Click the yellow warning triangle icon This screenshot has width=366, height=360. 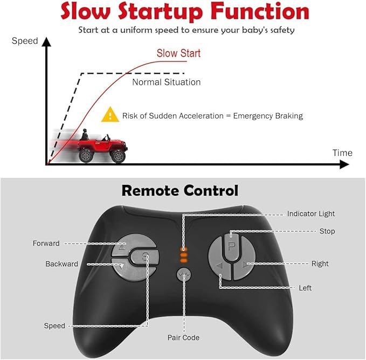coord(111,114)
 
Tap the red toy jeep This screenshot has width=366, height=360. coord(102,147)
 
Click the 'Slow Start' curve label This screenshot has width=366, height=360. coord(178,53)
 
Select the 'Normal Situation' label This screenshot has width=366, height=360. coord(166,82)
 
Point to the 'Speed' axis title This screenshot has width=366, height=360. coord(25,41)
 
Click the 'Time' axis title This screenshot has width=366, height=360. coord(342,153)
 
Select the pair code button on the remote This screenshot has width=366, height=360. coord(184,275)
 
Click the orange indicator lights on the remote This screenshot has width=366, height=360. coord(184,254)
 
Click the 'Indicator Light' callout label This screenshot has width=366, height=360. coord(310,214)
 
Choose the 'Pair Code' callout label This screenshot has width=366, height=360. coord(183,338)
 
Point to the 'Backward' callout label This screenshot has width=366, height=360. coord(61,264)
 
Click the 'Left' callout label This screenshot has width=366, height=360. coord(305,288)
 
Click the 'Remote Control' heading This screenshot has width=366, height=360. coord(179,190)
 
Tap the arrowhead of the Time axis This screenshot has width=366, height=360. coord(344,165)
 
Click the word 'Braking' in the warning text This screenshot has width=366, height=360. coord(288,115)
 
